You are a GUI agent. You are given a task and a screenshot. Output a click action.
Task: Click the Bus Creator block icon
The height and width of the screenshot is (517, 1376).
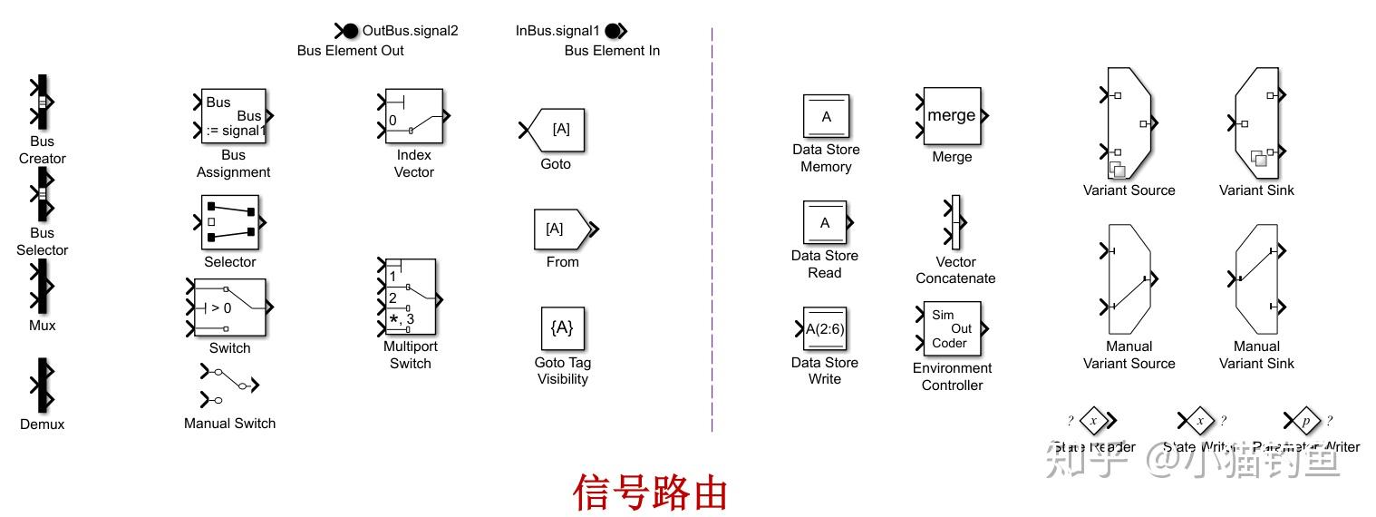coord(42,102)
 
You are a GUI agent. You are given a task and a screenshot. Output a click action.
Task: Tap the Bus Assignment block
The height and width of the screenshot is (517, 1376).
coord(234,116)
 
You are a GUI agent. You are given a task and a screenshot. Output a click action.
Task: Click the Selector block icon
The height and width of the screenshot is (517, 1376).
coord(230,222)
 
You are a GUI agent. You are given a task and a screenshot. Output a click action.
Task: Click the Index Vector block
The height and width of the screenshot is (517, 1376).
coord(414,116)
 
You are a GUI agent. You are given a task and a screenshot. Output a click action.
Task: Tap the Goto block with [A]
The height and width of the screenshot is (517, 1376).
coord(557,130)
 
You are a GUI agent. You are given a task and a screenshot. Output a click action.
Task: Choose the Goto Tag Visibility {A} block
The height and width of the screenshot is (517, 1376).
coord(563,327)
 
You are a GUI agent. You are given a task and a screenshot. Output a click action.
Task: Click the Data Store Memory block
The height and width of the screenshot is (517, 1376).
coord(826,116)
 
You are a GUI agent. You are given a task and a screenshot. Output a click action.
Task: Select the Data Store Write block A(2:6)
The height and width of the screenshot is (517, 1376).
coord(825,328)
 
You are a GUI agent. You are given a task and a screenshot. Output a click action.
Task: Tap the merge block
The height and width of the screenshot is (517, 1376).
coord(952,116)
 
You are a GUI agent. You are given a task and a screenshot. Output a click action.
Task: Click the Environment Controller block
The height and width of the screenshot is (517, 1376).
coord(952,329)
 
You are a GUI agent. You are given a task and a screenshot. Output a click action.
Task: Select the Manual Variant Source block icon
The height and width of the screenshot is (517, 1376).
coord(1129,280)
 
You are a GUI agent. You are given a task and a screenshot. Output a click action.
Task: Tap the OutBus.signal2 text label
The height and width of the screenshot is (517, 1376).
coord(410,31)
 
